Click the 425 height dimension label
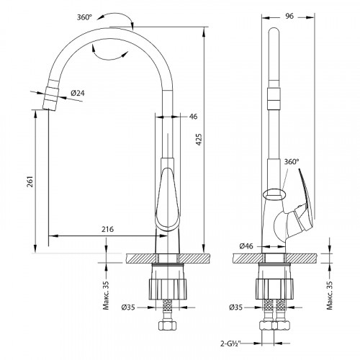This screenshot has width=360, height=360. [x=199, y=140]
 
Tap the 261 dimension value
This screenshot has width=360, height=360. [x=30, y=181]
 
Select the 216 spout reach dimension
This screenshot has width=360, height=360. [x=107, y=229]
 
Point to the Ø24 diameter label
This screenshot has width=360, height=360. [x=78, y=93]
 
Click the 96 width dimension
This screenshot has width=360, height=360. [x=289, y=16]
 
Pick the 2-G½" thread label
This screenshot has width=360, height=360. [x=231, y=343]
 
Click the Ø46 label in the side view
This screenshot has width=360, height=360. [x=246, y=246]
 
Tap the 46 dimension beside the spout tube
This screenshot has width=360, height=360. [x=193, y=117]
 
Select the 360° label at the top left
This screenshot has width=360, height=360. [x=84, y=17]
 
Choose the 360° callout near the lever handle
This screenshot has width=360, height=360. [x=292, y=162]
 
